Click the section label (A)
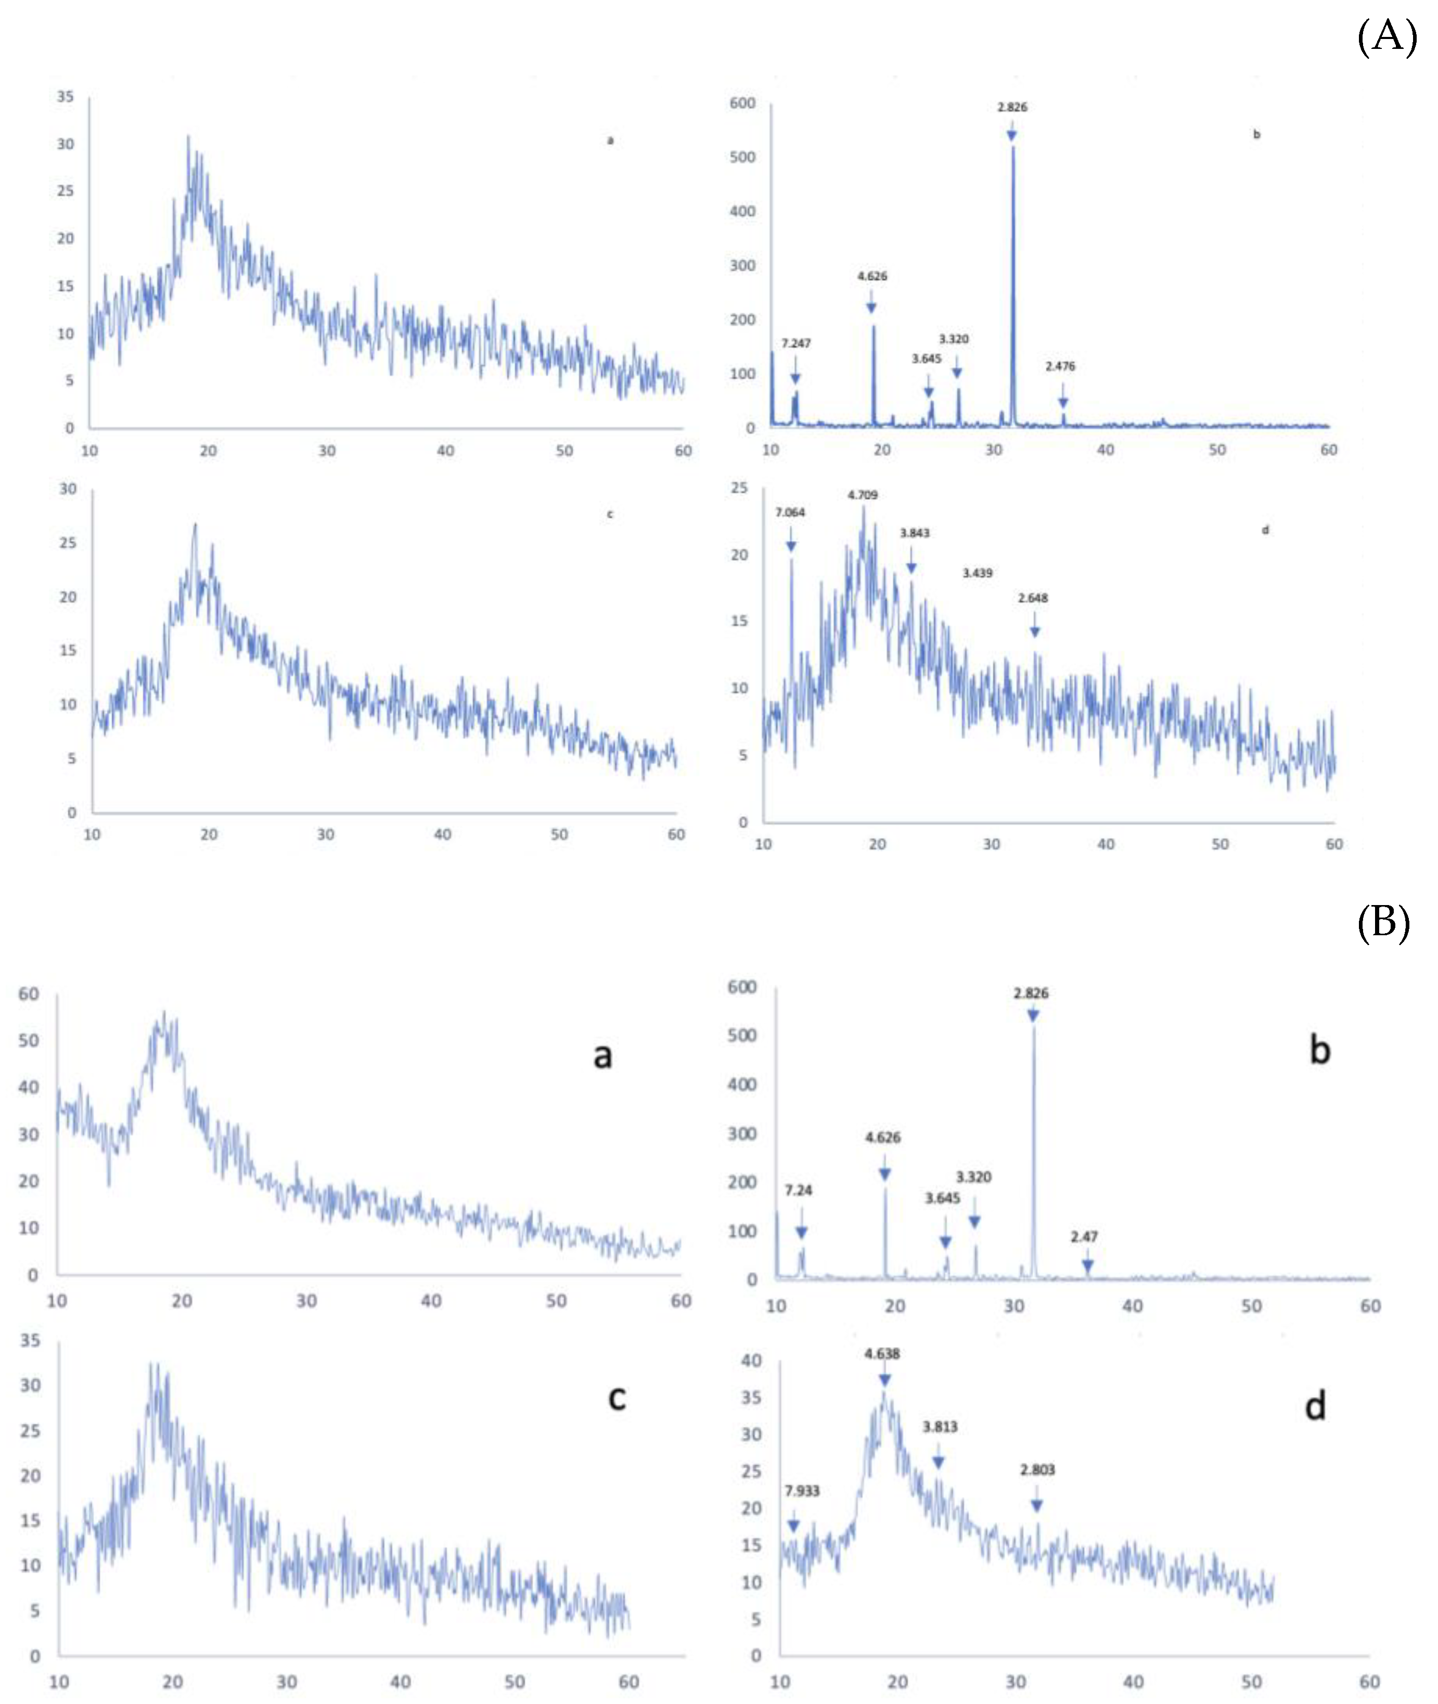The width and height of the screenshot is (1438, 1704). [x=1386, y=37]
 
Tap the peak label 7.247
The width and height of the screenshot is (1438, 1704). [x=795, y=343]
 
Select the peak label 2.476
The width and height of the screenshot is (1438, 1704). [x=1060, y=366]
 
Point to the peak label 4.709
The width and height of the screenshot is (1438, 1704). [x=863, y=495]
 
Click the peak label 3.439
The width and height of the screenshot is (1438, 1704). [x=978, y=573]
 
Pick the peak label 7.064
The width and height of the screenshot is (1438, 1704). [x=790, y=512]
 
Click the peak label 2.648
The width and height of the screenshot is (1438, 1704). [x=1033, y=598]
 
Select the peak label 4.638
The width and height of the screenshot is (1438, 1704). [x=882, y=1353]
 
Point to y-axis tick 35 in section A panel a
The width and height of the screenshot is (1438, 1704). [x=65, y=96]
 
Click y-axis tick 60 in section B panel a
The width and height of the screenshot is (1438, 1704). [x=29, y=993]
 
